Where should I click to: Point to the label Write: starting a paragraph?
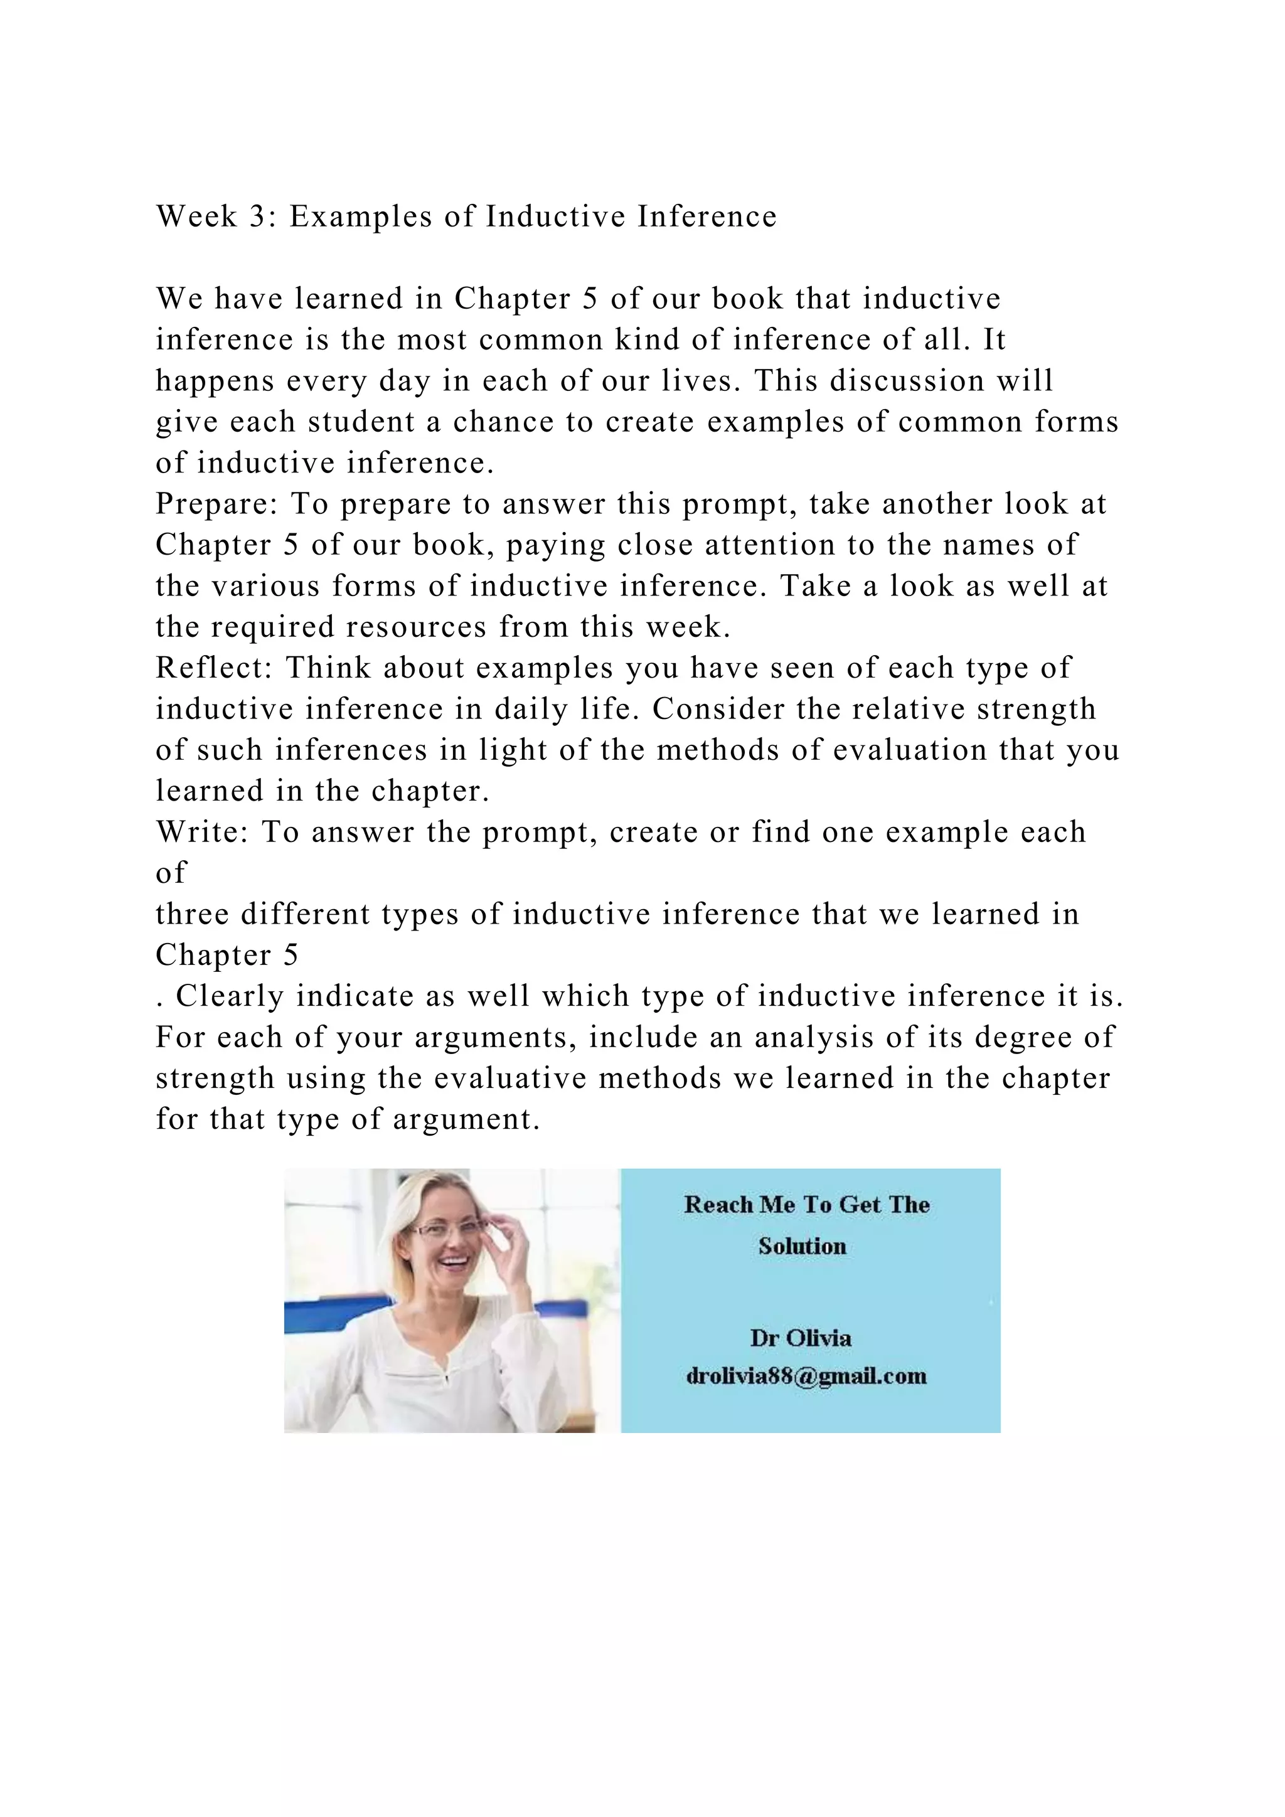point(202,833)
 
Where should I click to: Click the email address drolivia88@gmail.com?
point(806,1376)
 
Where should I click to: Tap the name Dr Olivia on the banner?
point(801,1338)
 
